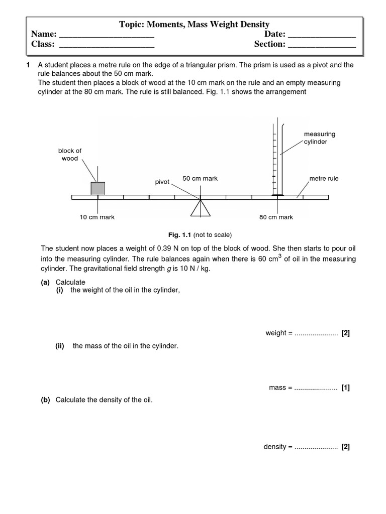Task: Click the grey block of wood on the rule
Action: coord(98,188)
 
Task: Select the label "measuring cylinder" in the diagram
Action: coord(319,138)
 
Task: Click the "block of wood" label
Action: coord(70,155)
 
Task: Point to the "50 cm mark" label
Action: coord(200,179)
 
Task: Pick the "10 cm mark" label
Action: coord(98,217)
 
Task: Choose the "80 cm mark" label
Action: coord(276,217)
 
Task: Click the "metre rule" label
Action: coord(324,179)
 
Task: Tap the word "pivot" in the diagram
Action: coord(162,182)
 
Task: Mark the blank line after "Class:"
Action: coord(107,47)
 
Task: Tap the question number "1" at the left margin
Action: coord(29,65)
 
